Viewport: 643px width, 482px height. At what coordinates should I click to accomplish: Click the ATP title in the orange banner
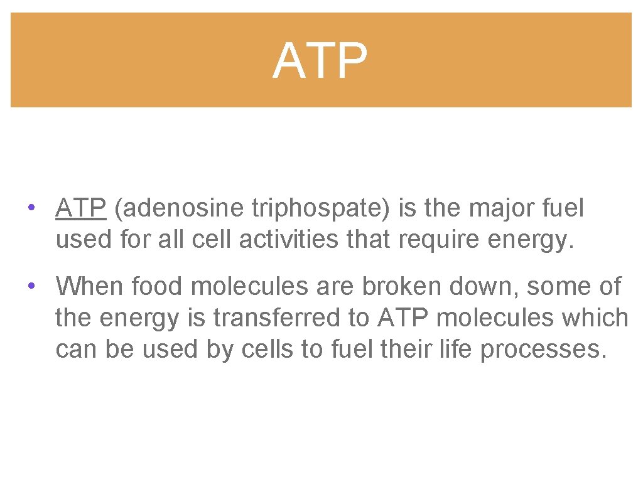(x=320, y=61)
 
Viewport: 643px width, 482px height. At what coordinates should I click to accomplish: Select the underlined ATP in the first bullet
(x=80, y=208)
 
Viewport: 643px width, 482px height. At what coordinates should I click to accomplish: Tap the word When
(x=90, y=286)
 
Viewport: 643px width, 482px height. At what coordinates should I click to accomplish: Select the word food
(x=158, y=286)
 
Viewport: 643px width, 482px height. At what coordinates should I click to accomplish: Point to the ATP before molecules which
(x=403, y=318)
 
